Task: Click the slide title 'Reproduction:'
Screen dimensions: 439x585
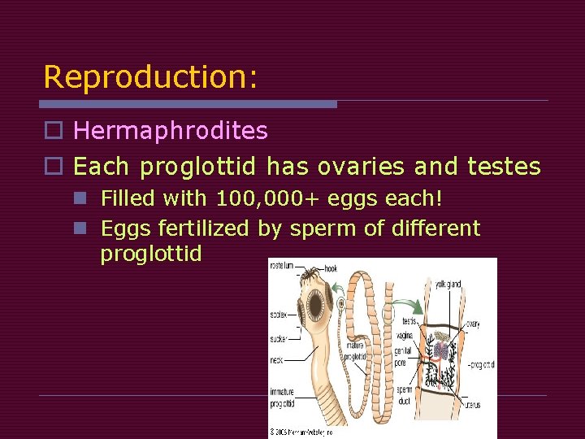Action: [150, 77]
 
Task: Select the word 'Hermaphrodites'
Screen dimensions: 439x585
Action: [171, 130]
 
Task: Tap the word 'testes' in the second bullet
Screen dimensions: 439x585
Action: [504, 167]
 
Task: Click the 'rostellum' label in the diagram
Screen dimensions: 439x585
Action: [282, 265]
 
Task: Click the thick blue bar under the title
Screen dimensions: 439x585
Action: [188, 104]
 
